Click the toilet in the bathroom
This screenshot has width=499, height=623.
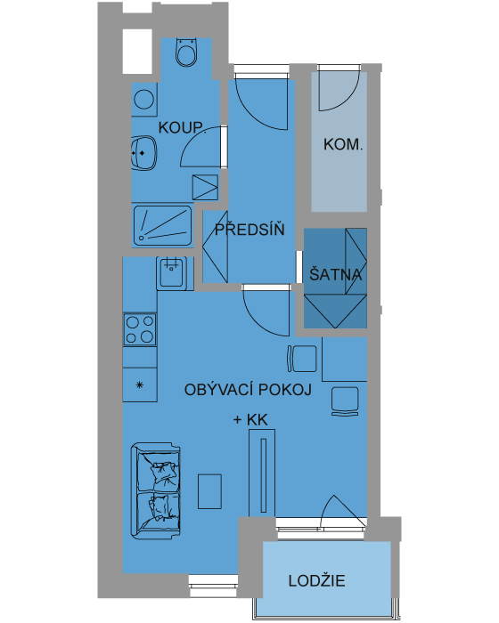tap(186, 52)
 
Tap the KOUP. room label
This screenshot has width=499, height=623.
tap(182, 128)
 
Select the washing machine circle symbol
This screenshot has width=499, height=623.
tap(144, 100)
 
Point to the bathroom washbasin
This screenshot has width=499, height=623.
tap(143, 153)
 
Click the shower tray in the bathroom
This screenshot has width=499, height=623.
tap(162, 225)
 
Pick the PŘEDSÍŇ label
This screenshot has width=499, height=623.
tap(250, 230)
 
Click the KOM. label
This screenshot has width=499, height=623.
tap(343, 144)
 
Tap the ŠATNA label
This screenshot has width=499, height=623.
tap(335, 274)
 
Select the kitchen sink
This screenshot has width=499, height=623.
tap(171, 273)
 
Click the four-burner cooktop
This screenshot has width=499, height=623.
tap(140, 329)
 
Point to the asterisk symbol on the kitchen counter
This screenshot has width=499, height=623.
tap(139, 384)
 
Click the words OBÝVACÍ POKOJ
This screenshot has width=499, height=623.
tap(248, 390)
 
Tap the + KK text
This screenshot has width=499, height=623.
tap(250, 419)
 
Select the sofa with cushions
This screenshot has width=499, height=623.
tap(156, 491)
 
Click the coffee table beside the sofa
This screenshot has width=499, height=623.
tap(209, 491)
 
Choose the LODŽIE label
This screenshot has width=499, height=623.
tap(316, 581)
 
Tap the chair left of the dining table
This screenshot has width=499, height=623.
tap(302, 359)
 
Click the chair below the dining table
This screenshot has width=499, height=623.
tap(345, 401)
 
